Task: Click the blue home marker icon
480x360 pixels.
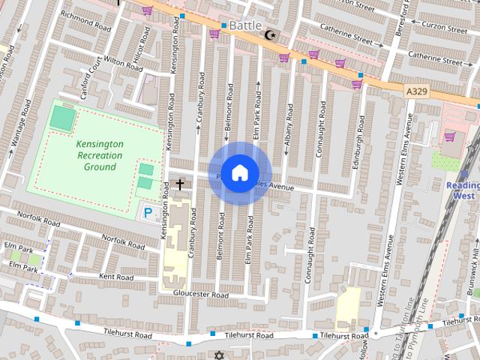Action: pos(239,172)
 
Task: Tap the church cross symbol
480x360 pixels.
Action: pos(180,183)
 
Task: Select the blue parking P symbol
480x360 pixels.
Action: pos(148,213)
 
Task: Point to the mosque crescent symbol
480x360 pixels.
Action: pos(271,34)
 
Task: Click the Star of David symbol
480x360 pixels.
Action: pos(219,355)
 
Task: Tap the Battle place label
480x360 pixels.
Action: pos(245,25)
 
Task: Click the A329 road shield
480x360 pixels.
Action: pos(418,91)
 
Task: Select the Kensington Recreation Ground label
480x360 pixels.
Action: pos(100,154)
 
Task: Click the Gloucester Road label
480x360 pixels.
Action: pos(200,295)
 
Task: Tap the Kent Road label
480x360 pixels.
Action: pos(115,277)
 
